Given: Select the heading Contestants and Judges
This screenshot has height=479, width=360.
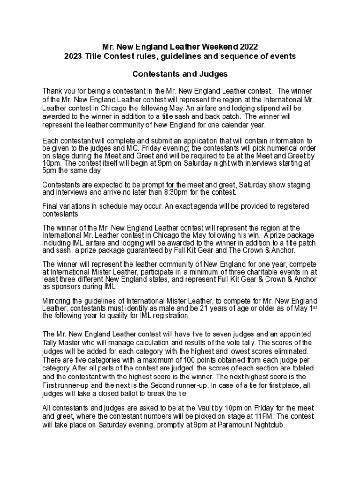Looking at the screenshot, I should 180,74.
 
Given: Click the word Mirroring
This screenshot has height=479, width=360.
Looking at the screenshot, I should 58,301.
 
